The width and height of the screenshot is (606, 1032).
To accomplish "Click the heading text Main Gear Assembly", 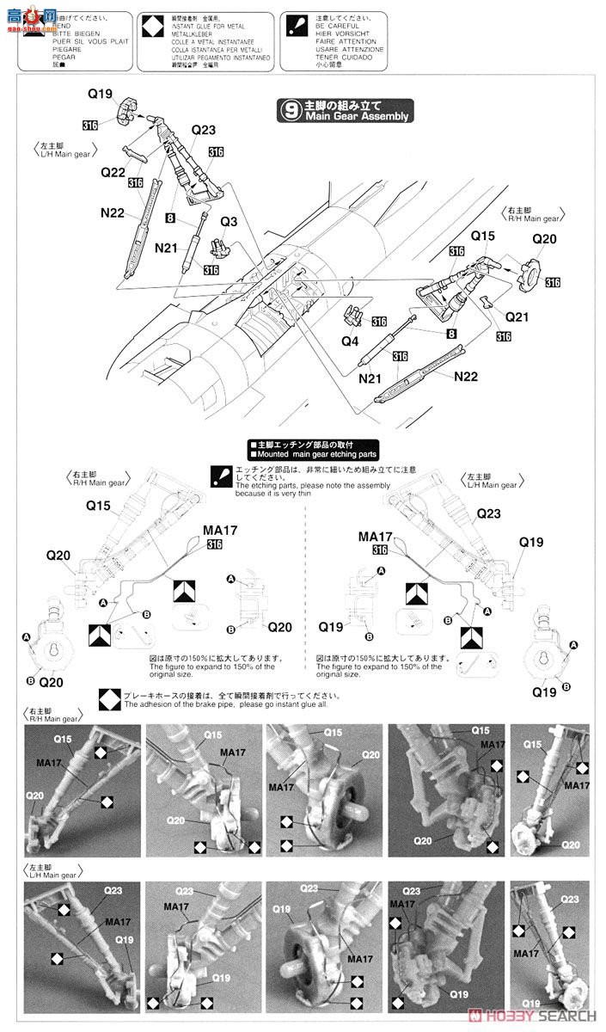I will pos(356,117).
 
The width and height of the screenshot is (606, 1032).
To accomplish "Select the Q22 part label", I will pos(113,172).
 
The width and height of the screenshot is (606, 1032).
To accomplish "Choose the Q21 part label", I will pos(517,316).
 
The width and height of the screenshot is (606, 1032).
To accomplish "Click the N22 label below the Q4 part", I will pos(465,376).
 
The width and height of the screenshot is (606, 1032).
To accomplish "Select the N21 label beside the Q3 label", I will pos(166,248).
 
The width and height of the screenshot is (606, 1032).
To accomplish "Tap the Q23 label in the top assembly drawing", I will pos(204,130).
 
